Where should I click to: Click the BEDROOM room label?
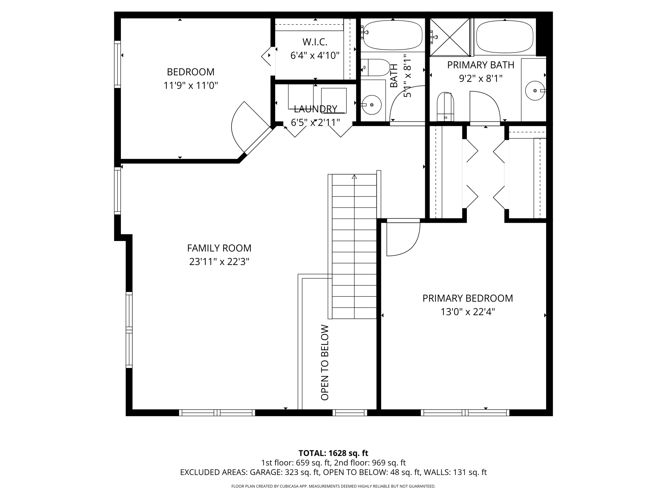coord(190,72)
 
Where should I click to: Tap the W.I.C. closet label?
coord(315,42)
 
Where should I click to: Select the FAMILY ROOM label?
coord(219,248)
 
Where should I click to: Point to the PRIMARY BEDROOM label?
coord(468,298)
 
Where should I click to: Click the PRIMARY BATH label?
coord(481,65)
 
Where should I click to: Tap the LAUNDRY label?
coord(316,109)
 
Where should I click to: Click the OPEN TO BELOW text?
coord(325,363)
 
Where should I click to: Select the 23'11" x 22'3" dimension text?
coord(219,262)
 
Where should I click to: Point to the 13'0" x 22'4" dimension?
coord(468,312)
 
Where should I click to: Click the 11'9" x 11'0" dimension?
coord(190,86)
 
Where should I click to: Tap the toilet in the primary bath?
coord(446,107)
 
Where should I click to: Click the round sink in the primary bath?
coord(535,91)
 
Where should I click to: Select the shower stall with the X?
coord(450,37)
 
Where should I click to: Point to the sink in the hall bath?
coord(372,105)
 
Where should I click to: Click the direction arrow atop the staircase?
coord(354,177)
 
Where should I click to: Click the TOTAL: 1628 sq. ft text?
coord(333,453)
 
